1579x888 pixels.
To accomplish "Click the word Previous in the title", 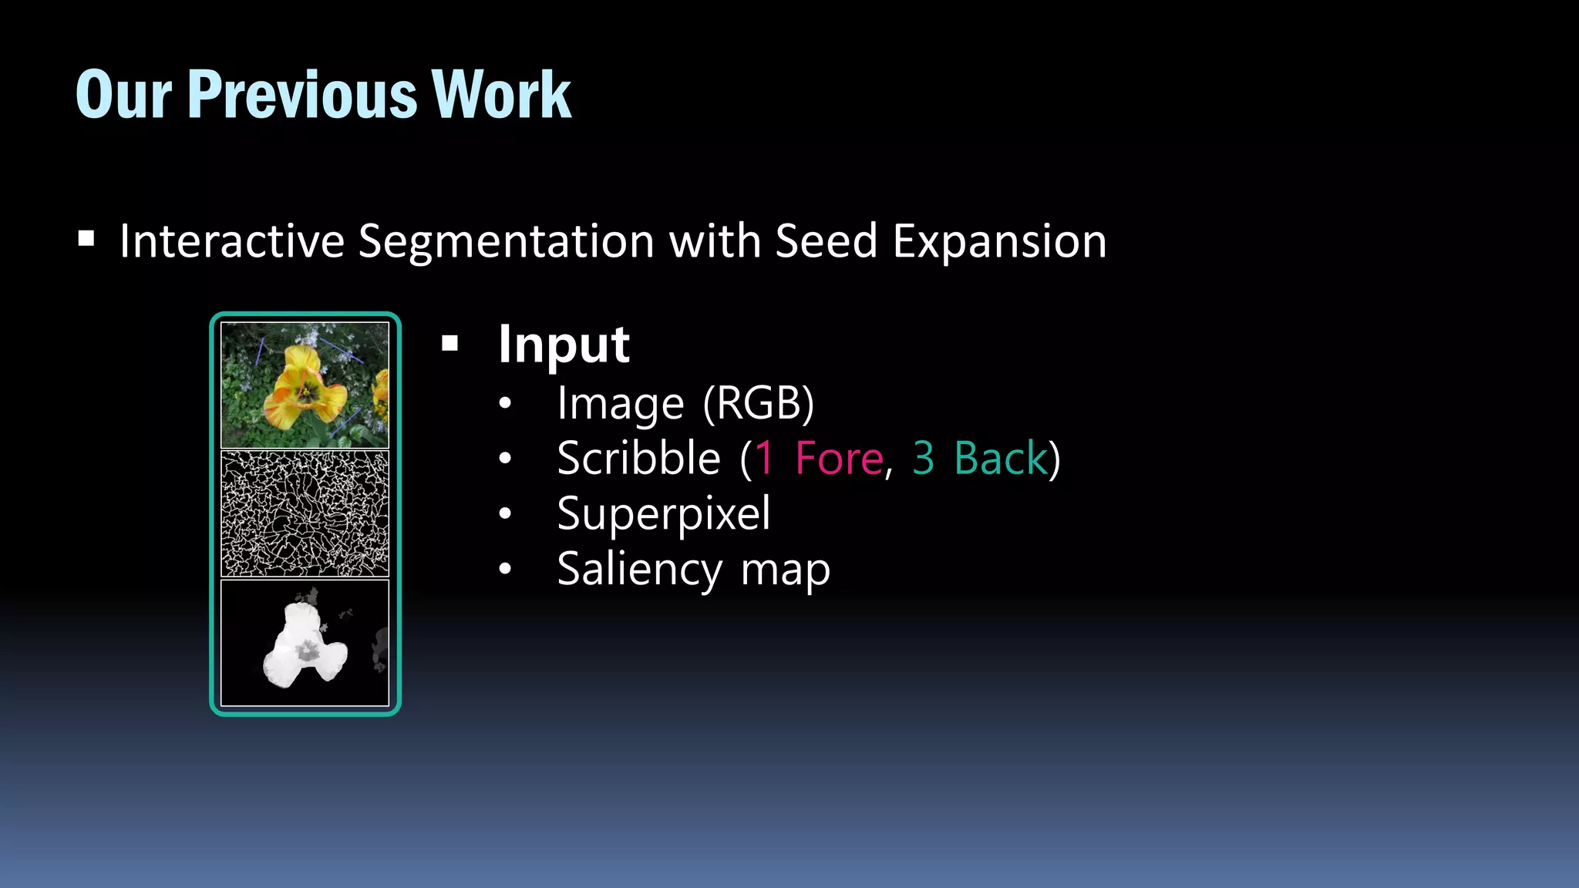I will click(x=302, y=95).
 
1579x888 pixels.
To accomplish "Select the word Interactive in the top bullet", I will click(x=231, y=240).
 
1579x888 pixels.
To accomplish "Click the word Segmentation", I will click(x=507, y=240).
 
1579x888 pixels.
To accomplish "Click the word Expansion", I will click(x=999, y=242).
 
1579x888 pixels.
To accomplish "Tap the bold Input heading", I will click(x=564, y=345).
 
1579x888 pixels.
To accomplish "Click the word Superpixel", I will click(x=663, y=514).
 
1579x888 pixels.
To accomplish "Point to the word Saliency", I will click(x=640, y=570).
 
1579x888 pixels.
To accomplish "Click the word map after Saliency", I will click(x=785, y=571).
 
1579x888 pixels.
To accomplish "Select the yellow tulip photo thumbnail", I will click(x=305, y=385).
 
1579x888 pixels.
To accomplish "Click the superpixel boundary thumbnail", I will click(x=305, y=514).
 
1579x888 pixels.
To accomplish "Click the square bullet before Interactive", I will click(x=86, y=239).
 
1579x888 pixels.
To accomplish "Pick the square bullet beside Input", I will click(x=450, y=344).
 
